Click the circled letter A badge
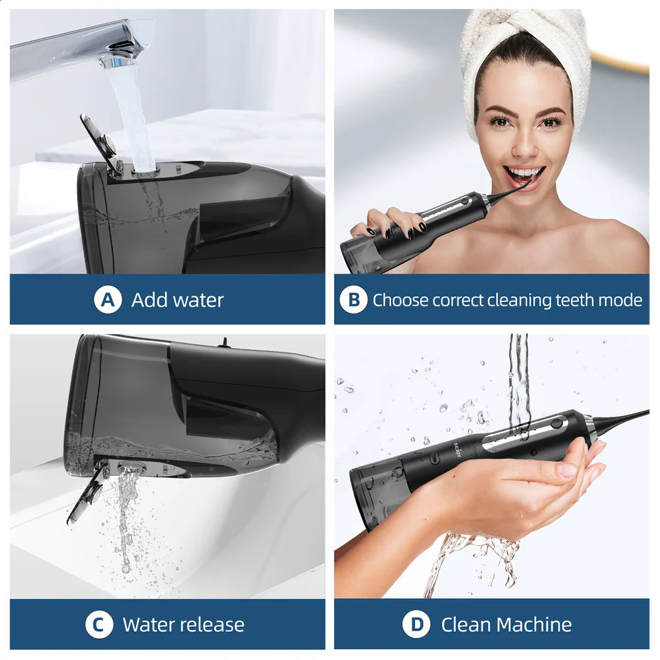pyautogui.click(x=108, y=300)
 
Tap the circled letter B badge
pyautogui.click(x=353, y=300)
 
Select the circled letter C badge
pyautogui.click(x=99, y=624)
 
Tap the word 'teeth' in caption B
pyautogui.click(x=575, y=300)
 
